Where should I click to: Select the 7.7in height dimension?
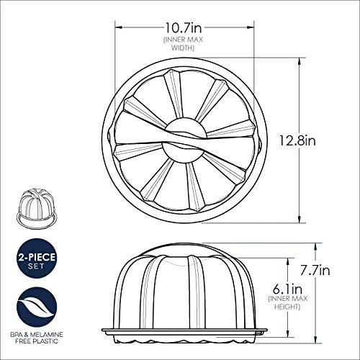coord(315,271)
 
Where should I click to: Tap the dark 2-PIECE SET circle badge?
coord(35,257)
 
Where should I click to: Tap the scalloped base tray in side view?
coord(184,333)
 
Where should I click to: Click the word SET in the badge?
coord(35,265)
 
